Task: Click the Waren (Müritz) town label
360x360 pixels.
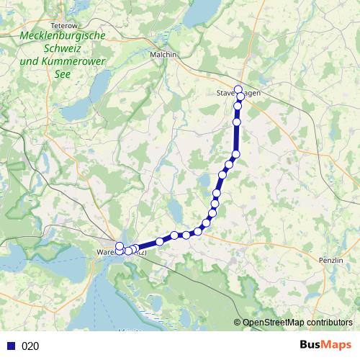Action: pos(122,253)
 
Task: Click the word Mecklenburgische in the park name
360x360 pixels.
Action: pos(63,35)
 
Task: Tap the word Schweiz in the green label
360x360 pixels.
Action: pos(63,48)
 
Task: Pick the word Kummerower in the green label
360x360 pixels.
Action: pos(73,61)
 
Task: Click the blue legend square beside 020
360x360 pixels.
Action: pos(11,346)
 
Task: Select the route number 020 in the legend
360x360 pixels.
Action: pos(30,346)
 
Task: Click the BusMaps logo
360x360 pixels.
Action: pos(325,346)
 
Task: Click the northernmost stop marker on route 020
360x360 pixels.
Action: pos(238,89)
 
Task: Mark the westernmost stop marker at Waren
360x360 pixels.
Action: pos(120,247)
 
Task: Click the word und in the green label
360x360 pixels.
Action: pos(30,61)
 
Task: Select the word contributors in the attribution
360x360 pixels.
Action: pos(328,322)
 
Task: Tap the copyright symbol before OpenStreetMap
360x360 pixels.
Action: pos(237,322)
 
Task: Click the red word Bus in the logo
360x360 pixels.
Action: pos(312,346)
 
